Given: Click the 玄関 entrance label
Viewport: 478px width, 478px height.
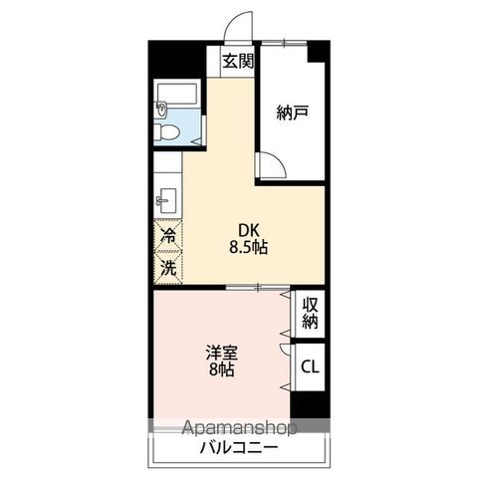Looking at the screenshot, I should pyautogui.click(x=238, y=61).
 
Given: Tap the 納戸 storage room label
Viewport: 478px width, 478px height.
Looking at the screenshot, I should pyautogui.click(x=292, y=113).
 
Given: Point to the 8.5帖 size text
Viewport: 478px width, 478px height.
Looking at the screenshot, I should pyautogui.click(x=245, y=247).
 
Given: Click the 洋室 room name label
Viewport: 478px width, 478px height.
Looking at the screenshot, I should pyautogui.click(x=220, y=352).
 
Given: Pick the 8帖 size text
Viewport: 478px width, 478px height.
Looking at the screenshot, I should pyautogui.click(x=220, y=370).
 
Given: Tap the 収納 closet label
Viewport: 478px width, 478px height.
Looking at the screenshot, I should pyautogui.click(x=310, y=313).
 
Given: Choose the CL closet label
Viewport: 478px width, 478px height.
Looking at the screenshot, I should pyautogui.click(x=310, y=367).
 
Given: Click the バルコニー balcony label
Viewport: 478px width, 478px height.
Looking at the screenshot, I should pyautogui.click(x=238, y=446).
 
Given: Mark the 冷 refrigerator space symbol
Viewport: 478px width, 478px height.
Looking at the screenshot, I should pyautogui.click(x=169, y=237).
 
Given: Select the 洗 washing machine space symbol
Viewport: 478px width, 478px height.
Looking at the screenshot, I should pyautogui.click(x=169, y=266).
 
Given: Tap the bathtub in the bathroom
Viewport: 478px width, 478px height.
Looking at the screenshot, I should pyautogui.click(x=179, y=98).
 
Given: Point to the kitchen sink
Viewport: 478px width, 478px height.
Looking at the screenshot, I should pyautogui.click(x=164, y=199).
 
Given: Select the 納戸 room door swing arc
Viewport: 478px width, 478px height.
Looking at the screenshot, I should pyautogui.click(x=272, y=165).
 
